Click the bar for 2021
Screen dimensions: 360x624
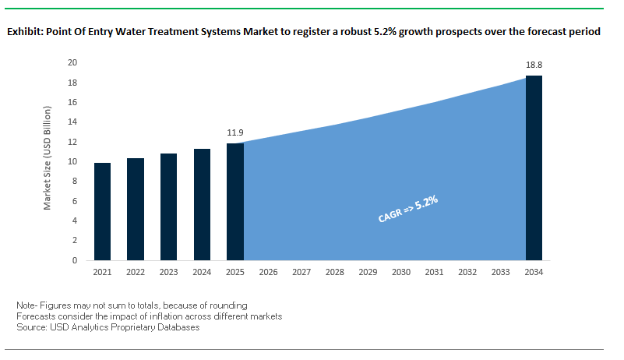click(102, 211)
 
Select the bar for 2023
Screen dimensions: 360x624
click(168, 206)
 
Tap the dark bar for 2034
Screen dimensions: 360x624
click(534, 168)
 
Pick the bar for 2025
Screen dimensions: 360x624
click(234, 201)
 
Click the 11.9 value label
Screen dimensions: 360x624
click(235, 133)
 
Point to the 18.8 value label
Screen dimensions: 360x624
click(534, 65)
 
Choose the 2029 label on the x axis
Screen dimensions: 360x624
click(368, 273)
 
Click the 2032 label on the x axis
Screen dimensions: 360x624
click(467, 273)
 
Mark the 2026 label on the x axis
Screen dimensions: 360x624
click(268, 273)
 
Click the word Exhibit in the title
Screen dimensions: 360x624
click(23, 33)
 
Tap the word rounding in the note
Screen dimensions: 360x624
click(228, 304)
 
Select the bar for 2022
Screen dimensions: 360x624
click(135, 209)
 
